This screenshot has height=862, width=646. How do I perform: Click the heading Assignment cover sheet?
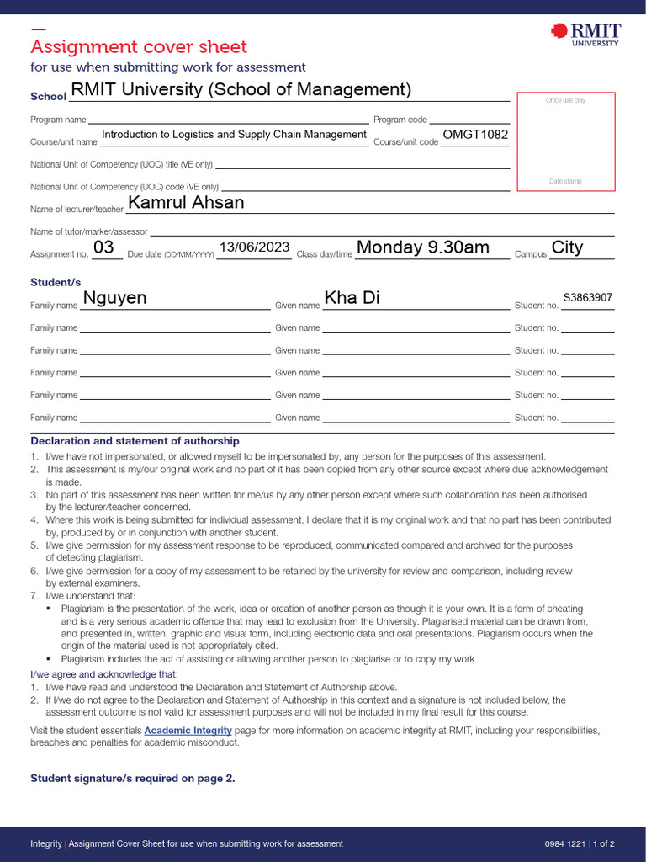pos(139,47)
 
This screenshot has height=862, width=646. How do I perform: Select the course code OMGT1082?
pos(474,135)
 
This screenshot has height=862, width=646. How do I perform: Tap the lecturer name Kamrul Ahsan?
pos(186,203)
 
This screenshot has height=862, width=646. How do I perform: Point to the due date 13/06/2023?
pos(254,247)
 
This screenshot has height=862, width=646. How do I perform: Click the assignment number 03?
pos(103,247)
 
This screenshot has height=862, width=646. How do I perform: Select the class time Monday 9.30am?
pos(423,247)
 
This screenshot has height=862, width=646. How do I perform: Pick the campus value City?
pos(567,247)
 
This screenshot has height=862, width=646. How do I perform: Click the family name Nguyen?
pos(114,298)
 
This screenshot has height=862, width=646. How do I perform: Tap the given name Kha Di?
pos(352,298)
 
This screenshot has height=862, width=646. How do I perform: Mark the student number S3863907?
pos(588,298)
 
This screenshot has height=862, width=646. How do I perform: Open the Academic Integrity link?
pos(188,731)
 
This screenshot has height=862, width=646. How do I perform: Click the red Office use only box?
pos(565,141)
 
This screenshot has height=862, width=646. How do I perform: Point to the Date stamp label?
pos(565,181)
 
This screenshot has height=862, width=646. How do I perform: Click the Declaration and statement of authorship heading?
pos(135,441)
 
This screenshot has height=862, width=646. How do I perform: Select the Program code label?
pos(400,120)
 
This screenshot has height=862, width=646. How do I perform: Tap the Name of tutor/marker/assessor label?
pos(88,231)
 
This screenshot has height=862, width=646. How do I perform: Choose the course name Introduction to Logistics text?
pos(234,135)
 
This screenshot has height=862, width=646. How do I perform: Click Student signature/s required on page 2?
pos(133,779)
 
